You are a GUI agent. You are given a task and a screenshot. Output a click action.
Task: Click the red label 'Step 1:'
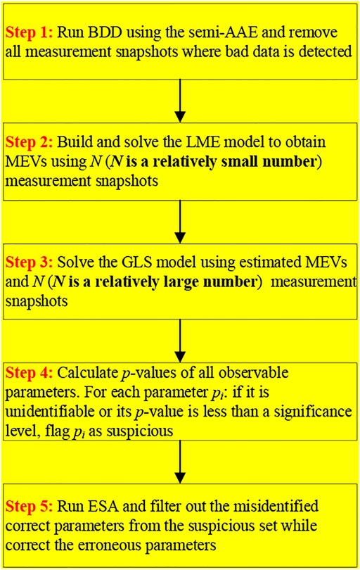pyautogui.click(x=28, y=34)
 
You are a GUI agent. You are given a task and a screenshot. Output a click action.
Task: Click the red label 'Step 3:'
pyautogui.click(x=28, y=262)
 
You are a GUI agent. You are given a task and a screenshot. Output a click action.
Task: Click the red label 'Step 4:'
pyautogui.click(x=28, y=372)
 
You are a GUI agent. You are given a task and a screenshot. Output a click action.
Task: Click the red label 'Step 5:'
pyautogui.click(x=28, y=505)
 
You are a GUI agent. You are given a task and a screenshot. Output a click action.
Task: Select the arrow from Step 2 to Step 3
pyautogui.click(x=181, y=215)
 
